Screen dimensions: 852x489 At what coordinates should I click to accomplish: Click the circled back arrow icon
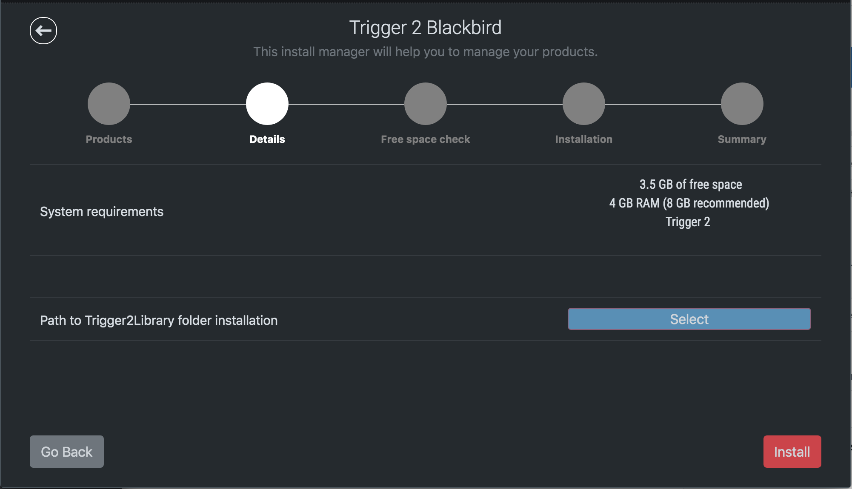[x=43, y=31]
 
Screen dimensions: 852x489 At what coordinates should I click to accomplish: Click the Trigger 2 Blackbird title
[x=426, y=28]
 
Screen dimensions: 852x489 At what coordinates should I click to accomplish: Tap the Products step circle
[x=109, y=104]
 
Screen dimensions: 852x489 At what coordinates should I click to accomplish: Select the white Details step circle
[x=267, y=104]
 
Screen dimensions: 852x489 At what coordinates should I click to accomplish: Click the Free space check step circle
[x=426, y=104]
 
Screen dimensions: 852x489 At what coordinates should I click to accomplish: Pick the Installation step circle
[x=584, y=104]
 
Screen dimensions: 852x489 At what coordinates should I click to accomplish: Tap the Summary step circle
[x=742, y=104]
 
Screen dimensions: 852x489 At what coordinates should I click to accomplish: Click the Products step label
[x=109, y=139]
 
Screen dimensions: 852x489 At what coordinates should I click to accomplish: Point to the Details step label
[x=267, y=139]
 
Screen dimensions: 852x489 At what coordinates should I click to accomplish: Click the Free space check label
[x=426, y=139]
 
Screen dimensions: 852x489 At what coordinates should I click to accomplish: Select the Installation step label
[x=584, y=139]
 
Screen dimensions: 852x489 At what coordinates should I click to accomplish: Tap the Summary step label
[x=742, y=139]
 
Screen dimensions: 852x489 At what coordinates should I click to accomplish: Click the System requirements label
[x=102, y=212]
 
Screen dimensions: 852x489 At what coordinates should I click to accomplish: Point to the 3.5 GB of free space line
[x=691, y=185]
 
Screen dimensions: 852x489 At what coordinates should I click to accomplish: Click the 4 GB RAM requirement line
[x=689, y=203]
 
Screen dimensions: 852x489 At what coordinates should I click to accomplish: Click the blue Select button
[x=689, y=319]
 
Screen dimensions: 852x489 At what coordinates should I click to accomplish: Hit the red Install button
[x=792, y=452]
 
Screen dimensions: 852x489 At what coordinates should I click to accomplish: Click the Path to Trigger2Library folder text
[x=159, y=320]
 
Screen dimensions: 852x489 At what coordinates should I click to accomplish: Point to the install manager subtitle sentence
[x=426, y=52]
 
